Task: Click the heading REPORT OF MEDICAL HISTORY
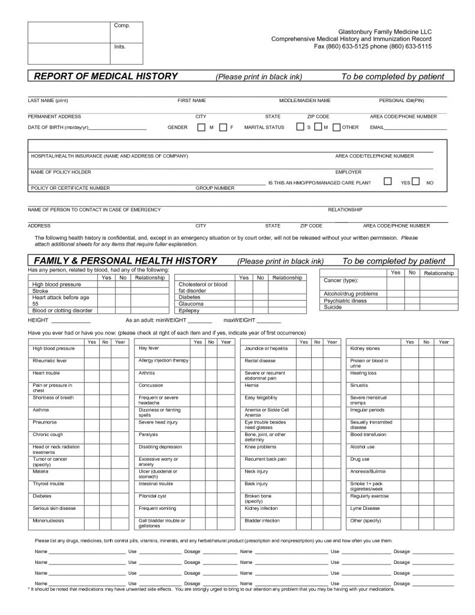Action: point(106,76)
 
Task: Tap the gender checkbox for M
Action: point(201,127)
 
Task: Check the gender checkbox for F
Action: point(222,127)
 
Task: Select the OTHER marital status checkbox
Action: point(337,127)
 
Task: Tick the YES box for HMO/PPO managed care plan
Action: point(388,181)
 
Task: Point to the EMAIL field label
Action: point(377,128)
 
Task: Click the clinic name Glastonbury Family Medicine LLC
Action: point(385,31)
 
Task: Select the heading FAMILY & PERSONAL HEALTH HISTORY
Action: point(125,261)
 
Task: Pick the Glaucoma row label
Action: point(191,304)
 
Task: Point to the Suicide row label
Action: point(333,307)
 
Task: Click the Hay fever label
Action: point(148,348)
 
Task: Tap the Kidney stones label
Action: point(365,348)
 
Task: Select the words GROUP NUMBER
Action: point(215,188)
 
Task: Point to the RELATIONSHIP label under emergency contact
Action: point(345,210)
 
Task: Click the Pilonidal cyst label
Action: point(152,496)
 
